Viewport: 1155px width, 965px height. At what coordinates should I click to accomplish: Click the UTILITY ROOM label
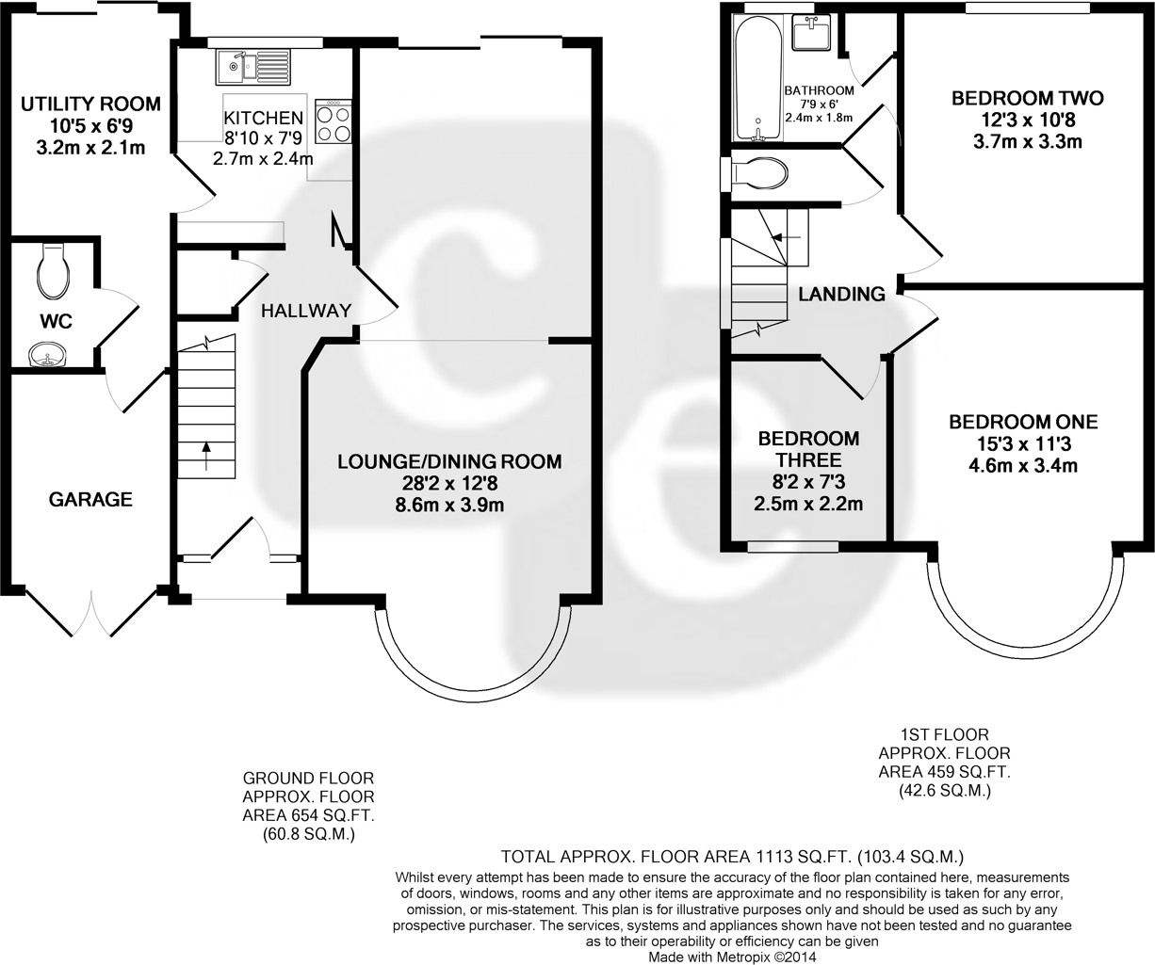point(90,104)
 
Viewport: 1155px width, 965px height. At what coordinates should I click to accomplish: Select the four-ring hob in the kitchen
point(333,123)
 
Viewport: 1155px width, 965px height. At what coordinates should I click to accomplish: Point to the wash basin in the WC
point(46,355)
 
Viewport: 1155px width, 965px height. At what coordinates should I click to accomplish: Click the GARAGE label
point(90,500)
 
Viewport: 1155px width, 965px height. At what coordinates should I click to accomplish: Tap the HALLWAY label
point(306,311)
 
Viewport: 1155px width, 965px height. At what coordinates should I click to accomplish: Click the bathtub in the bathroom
point(756,80)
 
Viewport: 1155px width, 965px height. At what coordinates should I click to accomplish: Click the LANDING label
point(841,294)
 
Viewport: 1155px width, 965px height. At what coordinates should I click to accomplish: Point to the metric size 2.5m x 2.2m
point(808,504)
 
